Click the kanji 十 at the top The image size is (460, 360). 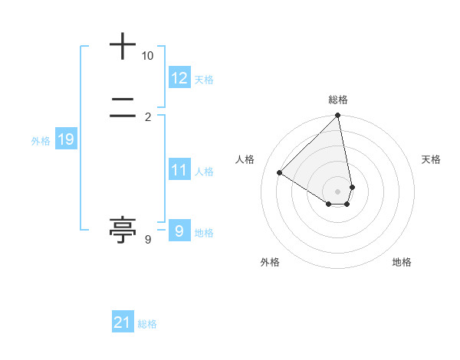click(123, 47)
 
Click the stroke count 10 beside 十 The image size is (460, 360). click(148, 56)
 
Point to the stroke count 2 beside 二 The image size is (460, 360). click(148, 117)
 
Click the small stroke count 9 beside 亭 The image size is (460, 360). click(148, 240)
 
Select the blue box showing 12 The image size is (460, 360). click(179, 78)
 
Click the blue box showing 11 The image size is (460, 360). click(179, 170)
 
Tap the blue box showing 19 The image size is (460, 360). click(65, 139)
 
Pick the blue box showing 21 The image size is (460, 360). click(123, 323)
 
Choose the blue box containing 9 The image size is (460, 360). click(179, 231)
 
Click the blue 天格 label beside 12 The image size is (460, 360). click(204, 80)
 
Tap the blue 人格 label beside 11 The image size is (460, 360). click(205, 172)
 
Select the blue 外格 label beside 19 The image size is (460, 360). click(41, 141)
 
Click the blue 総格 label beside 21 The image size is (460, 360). click(147, 325)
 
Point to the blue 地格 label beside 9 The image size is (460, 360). click(204, 233)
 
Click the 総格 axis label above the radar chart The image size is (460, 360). click(338, 100)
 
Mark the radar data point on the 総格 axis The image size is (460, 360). click(338, 116)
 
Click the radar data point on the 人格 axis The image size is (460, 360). click(279, 173)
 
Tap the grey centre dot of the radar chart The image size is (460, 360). click(338, 191)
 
